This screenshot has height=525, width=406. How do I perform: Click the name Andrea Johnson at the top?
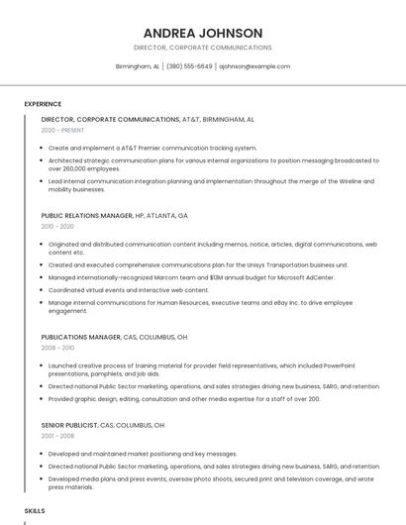(202, 33)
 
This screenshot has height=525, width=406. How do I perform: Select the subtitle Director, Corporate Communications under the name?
(202, 48)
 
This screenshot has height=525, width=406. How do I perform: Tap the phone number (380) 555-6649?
(189, 66)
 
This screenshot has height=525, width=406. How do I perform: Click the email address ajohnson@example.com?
(254, 66)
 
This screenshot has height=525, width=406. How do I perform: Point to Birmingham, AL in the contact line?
(138, 66)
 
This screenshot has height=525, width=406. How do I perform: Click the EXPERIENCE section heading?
(43, 104)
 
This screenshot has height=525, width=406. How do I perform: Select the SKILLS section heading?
(35, 510)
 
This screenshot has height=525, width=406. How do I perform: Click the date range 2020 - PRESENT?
(62, 130)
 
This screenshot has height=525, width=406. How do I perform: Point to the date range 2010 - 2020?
(57, 226)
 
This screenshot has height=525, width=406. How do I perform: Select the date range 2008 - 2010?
(57, 348)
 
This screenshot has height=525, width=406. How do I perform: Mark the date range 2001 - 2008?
(57, 436)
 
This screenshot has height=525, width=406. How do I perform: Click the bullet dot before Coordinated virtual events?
(42, 290)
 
